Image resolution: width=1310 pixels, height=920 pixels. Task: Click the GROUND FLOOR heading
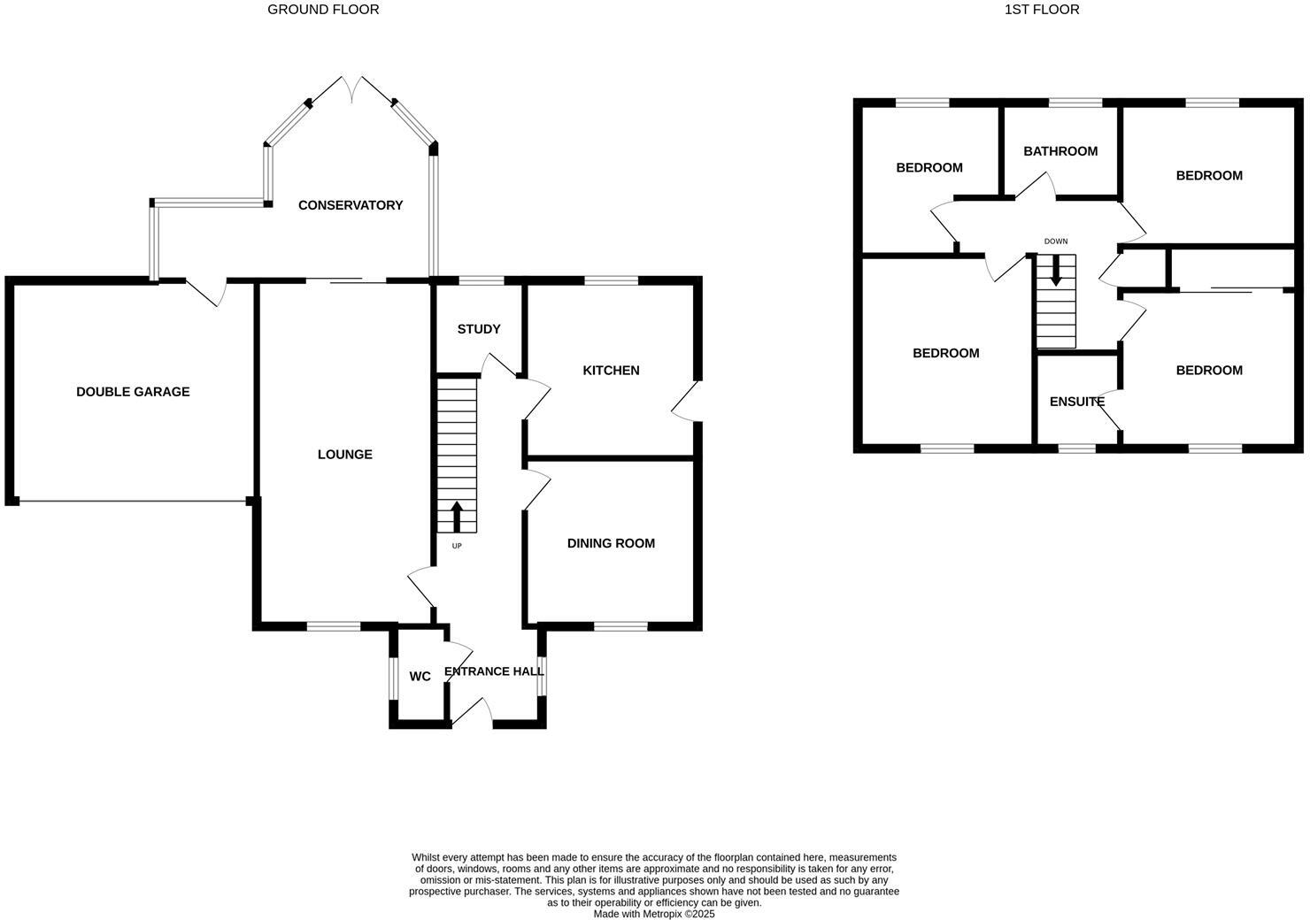click(x=323, y=10)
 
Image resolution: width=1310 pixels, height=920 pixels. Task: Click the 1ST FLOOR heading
click(x=1042, y=10)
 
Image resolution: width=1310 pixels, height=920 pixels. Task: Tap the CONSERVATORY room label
click(x=351, y=205)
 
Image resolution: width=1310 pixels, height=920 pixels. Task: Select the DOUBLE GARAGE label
click(x=133, y=392)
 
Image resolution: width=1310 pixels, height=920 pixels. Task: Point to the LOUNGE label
click(x=345, y=455)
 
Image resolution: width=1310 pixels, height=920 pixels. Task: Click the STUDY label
click(x=479, y=329)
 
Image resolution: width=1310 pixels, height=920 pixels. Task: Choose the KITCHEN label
click(x=611, y=371)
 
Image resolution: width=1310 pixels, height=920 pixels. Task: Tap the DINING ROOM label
click(x=611, y=543)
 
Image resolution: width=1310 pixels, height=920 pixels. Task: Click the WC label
click(x=420, y=677)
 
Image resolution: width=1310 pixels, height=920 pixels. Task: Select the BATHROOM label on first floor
click(x=1060, y=151)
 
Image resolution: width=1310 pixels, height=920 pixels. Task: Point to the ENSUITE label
click(x=1076, y=402)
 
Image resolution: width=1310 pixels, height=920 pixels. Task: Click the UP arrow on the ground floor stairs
click(x=457, y=516)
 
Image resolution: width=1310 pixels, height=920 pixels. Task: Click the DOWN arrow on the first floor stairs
click(x=1055, y=272)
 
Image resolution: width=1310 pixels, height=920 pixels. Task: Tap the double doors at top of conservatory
click(x=352, y=88)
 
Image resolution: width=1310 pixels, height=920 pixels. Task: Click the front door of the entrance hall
click(x=473, y=713)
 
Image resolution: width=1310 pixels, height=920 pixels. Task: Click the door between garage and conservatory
click(x=206, y=290)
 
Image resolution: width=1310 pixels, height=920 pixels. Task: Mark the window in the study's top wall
click(x=482, y=281)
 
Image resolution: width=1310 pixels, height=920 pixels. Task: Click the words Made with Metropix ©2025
click(x=653, y=914)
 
